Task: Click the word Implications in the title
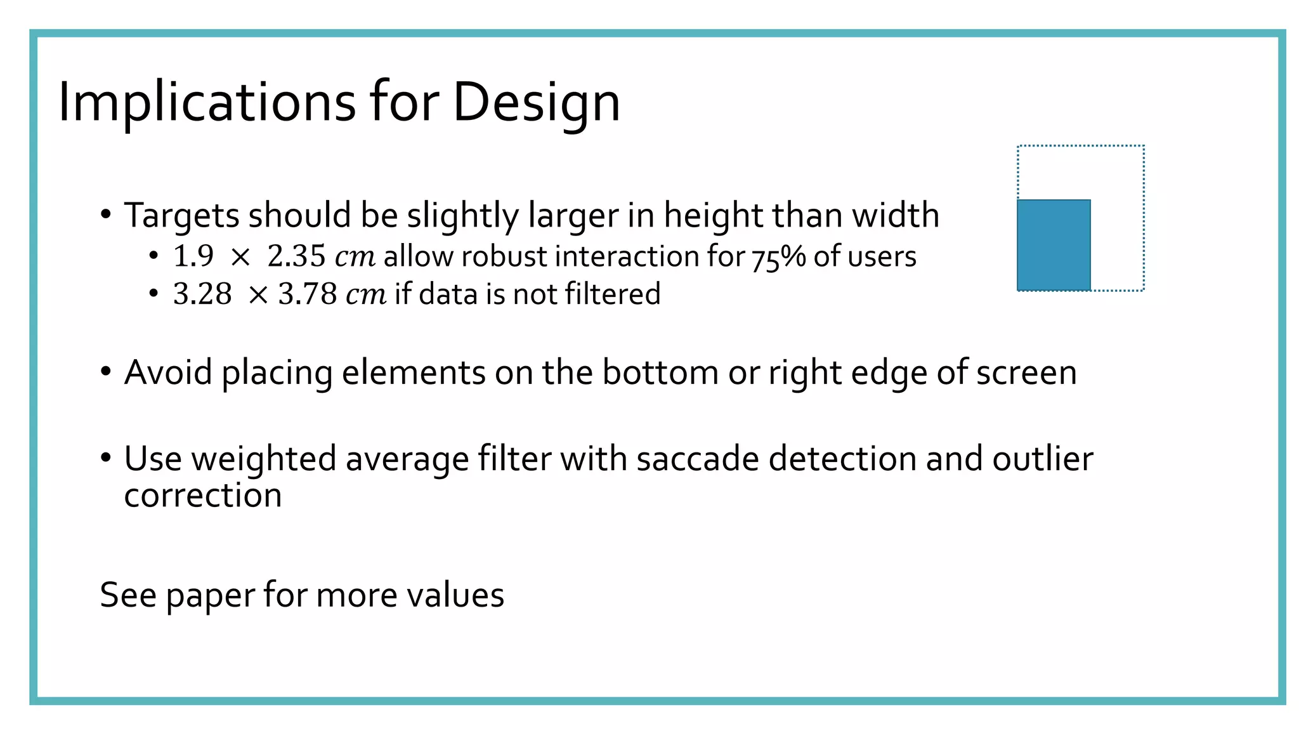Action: tap(207, 102)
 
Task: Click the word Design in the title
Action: tap(536, 102)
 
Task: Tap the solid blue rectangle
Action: tap(1054, 245)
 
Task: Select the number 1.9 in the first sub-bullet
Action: tap(193, 256)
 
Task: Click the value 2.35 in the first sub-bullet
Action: tap(296, 256)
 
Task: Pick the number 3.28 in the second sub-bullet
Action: tap(202, 294)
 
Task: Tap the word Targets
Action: tap(181, 216)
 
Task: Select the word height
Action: tap(713, 215)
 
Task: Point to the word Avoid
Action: tap(168, 372)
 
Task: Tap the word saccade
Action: tap(698, 459)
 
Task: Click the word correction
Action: tap(203, 496)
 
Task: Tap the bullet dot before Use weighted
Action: tap(106, 457)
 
